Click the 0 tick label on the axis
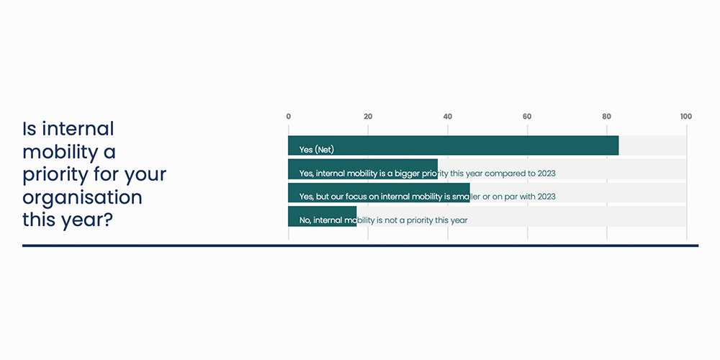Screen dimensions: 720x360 289,117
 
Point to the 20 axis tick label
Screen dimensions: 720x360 368,117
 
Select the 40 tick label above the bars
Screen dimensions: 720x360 448,117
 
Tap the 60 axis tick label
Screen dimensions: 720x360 527,117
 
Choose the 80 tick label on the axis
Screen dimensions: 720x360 606,117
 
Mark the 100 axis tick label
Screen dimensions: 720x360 686,117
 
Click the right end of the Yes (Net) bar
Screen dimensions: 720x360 618,145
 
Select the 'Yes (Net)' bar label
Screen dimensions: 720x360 316,150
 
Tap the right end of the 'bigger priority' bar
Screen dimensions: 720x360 438,169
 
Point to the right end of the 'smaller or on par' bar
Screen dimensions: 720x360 469,193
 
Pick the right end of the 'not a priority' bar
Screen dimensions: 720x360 356,216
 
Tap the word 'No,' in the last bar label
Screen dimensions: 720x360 305,220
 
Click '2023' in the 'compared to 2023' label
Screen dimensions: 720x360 546,174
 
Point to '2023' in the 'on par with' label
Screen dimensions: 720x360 546,197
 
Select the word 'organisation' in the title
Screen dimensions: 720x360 82,198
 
